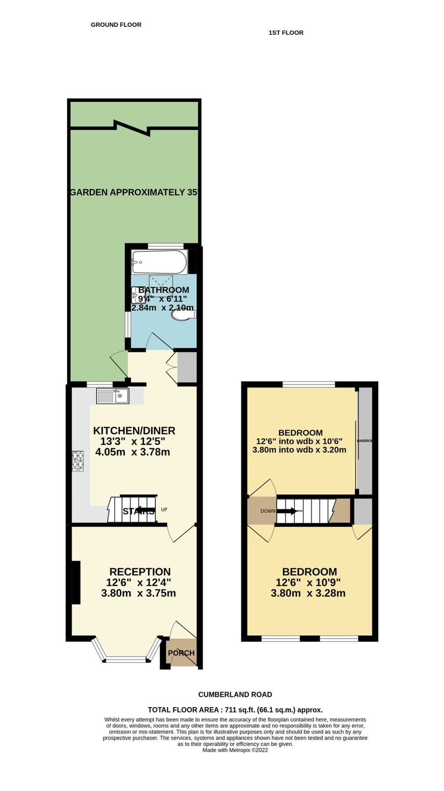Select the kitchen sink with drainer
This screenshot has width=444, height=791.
point(113,396)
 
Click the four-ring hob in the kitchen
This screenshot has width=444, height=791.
point(78,461)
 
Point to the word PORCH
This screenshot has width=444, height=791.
point(181,653)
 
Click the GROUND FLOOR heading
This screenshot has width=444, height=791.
point(116,25)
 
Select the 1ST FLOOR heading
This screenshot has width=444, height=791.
point(286,33)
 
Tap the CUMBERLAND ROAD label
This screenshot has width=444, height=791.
point(235,694)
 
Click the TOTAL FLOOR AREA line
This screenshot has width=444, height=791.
point(235,709)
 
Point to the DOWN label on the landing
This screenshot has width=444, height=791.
point(268,511)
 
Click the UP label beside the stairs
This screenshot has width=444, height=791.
point(164,510)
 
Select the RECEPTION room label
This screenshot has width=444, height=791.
point(140,572)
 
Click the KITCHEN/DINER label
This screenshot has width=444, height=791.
point(134,431)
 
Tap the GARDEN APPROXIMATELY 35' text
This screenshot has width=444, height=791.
point(134,192)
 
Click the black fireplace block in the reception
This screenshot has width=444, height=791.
point(76,582)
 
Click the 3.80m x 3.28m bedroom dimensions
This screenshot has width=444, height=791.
point(308,593)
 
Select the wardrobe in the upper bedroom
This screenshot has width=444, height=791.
point(365,441)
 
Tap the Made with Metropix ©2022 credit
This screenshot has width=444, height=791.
point(235,750)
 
